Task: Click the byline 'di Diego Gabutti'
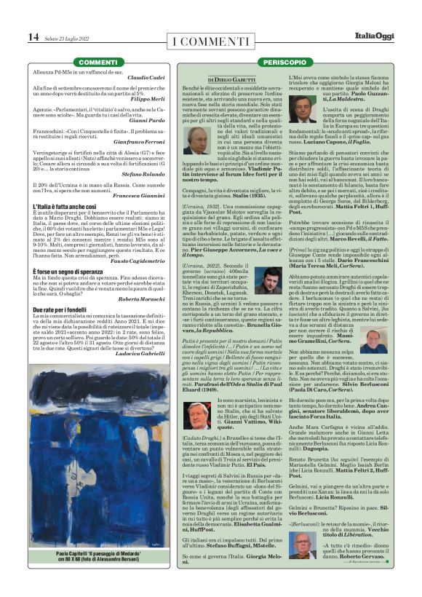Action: pos(231,79)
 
